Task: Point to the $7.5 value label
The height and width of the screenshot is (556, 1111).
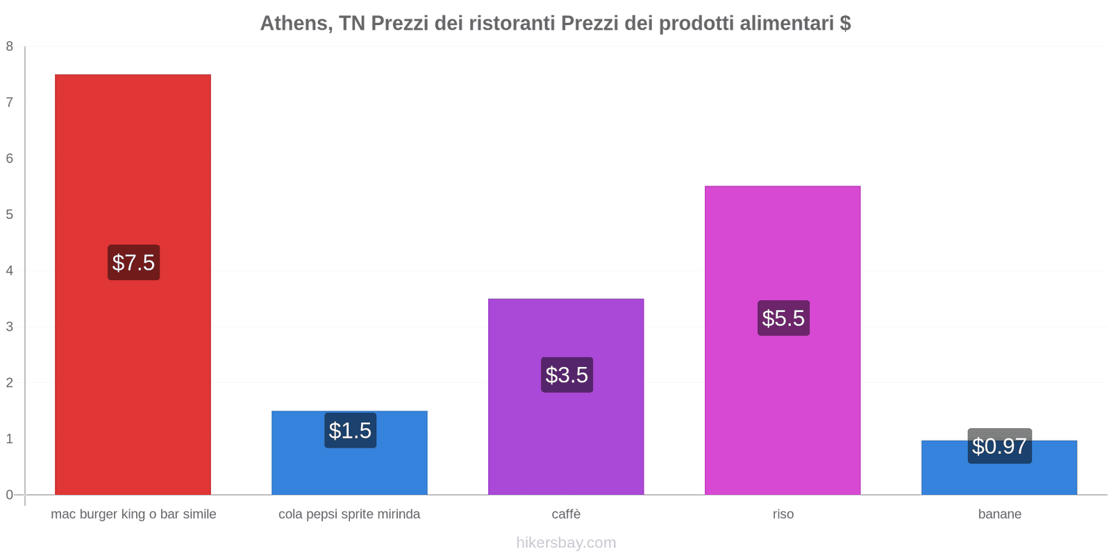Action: click(133, 263)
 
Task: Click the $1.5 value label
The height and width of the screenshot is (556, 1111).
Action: click(350, 431)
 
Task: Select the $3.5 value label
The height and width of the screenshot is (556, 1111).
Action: click(567, 375)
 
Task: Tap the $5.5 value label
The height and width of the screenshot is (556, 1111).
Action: click(783, 318)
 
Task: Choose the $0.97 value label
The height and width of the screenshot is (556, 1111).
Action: click(999, 446)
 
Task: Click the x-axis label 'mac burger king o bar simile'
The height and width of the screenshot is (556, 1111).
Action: click(133, 514)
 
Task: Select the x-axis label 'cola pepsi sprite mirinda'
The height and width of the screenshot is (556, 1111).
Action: click(349, 514)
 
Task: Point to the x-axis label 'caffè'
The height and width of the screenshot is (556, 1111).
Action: click(566, 514)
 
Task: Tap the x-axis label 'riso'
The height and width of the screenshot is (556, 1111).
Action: click(783, 514)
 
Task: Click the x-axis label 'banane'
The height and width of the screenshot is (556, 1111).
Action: click(999, 514)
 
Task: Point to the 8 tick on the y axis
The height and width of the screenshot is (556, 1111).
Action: click(10, 47)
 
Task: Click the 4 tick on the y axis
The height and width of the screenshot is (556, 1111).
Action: click(10, 270)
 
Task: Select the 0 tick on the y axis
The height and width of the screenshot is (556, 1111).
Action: click(10, 495)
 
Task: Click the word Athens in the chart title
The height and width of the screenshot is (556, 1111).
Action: click(294, 24)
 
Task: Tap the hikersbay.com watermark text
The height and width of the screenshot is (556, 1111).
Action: click(566, 543)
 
